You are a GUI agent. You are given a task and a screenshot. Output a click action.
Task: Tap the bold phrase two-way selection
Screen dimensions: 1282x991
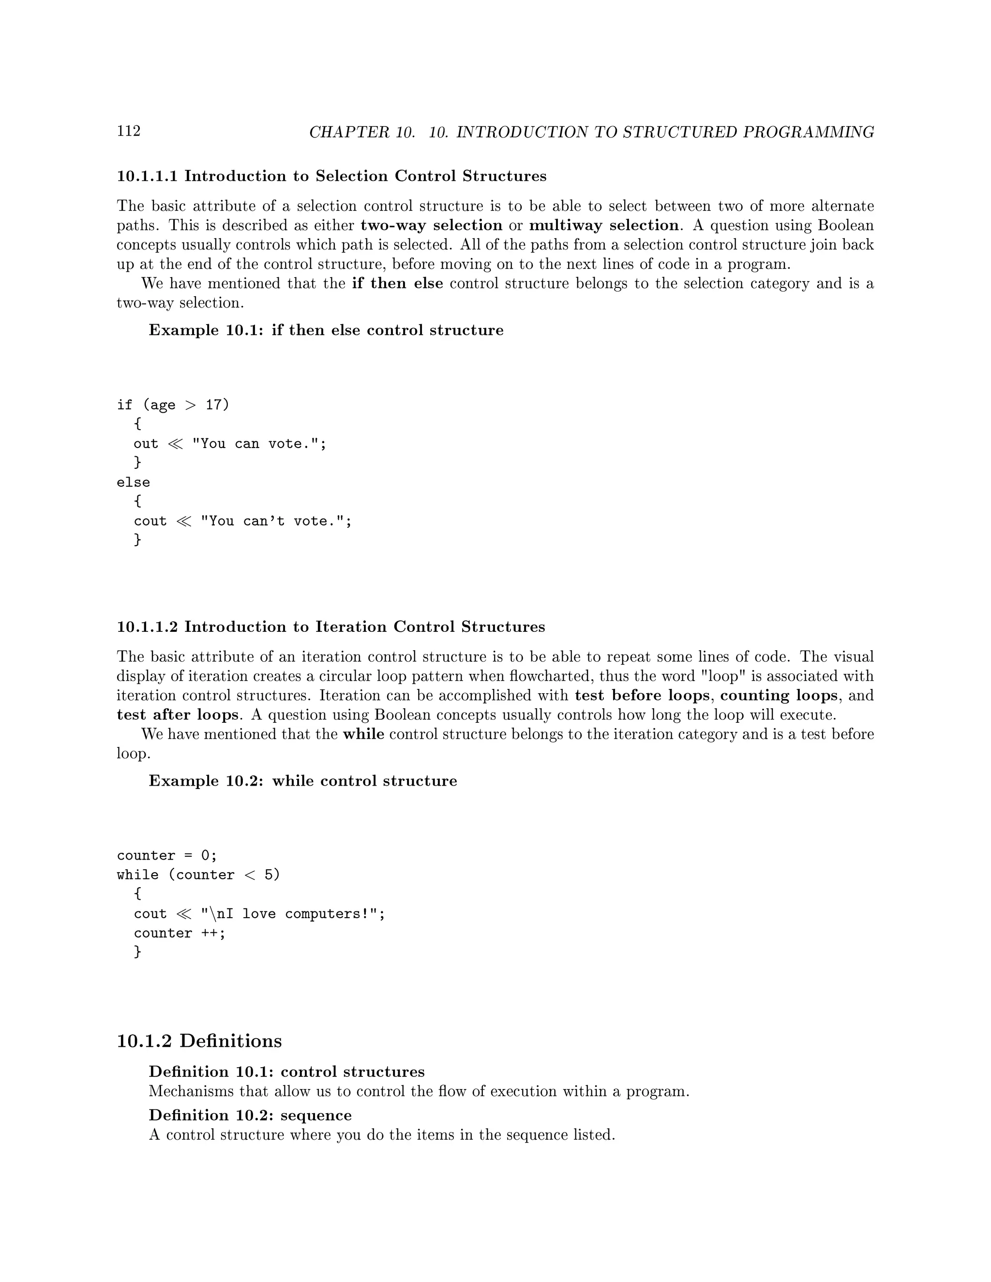point(431,225)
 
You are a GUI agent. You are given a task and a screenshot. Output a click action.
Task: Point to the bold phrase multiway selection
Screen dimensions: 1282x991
point(603,225)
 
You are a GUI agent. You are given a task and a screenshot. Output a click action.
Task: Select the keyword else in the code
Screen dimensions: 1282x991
point(133,482)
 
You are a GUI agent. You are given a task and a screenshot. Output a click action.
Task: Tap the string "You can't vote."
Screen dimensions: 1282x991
point(276,521)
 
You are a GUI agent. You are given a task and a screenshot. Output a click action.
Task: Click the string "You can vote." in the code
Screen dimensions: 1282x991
point(259,444)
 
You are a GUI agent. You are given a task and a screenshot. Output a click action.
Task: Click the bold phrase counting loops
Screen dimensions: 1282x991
point(779,696)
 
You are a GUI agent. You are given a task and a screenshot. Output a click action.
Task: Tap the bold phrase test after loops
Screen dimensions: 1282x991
point(177,715)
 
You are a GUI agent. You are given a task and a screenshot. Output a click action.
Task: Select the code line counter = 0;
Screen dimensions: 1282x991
point(167,856)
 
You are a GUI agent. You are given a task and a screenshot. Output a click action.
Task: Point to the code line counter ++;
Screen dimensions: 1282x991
point(179,933)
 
